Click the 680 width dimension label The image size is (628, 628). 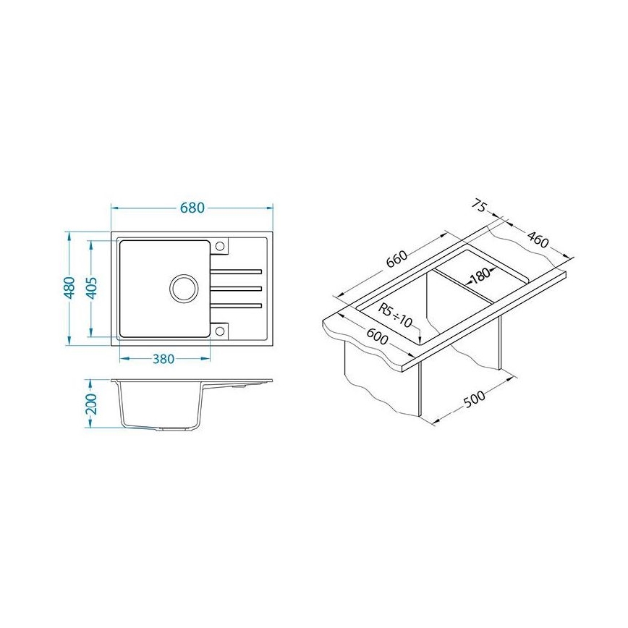pos(192,208)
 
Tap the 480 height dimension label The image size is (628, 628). pos(69,287)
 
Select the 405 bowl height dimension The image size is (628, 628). pos(91,287)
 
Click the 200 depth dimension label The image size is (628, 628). pos(91,404)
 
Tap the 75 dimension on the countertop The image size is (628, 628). pos(478,206)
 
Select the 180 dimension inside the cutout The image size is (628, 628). pos(479,275)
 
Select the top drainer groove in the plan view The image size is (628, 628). pos(235,272)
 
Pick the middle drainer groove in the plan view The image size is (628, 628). pos(235,289)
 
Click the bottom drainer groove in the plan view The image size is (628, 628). pos(235,305)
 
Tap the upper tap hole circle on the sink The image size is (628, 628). pos(221,247)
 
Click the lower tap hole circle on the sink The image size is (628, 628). pos(221,331)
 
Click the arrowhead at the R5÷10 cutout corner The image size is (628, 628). pos(420,339)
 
